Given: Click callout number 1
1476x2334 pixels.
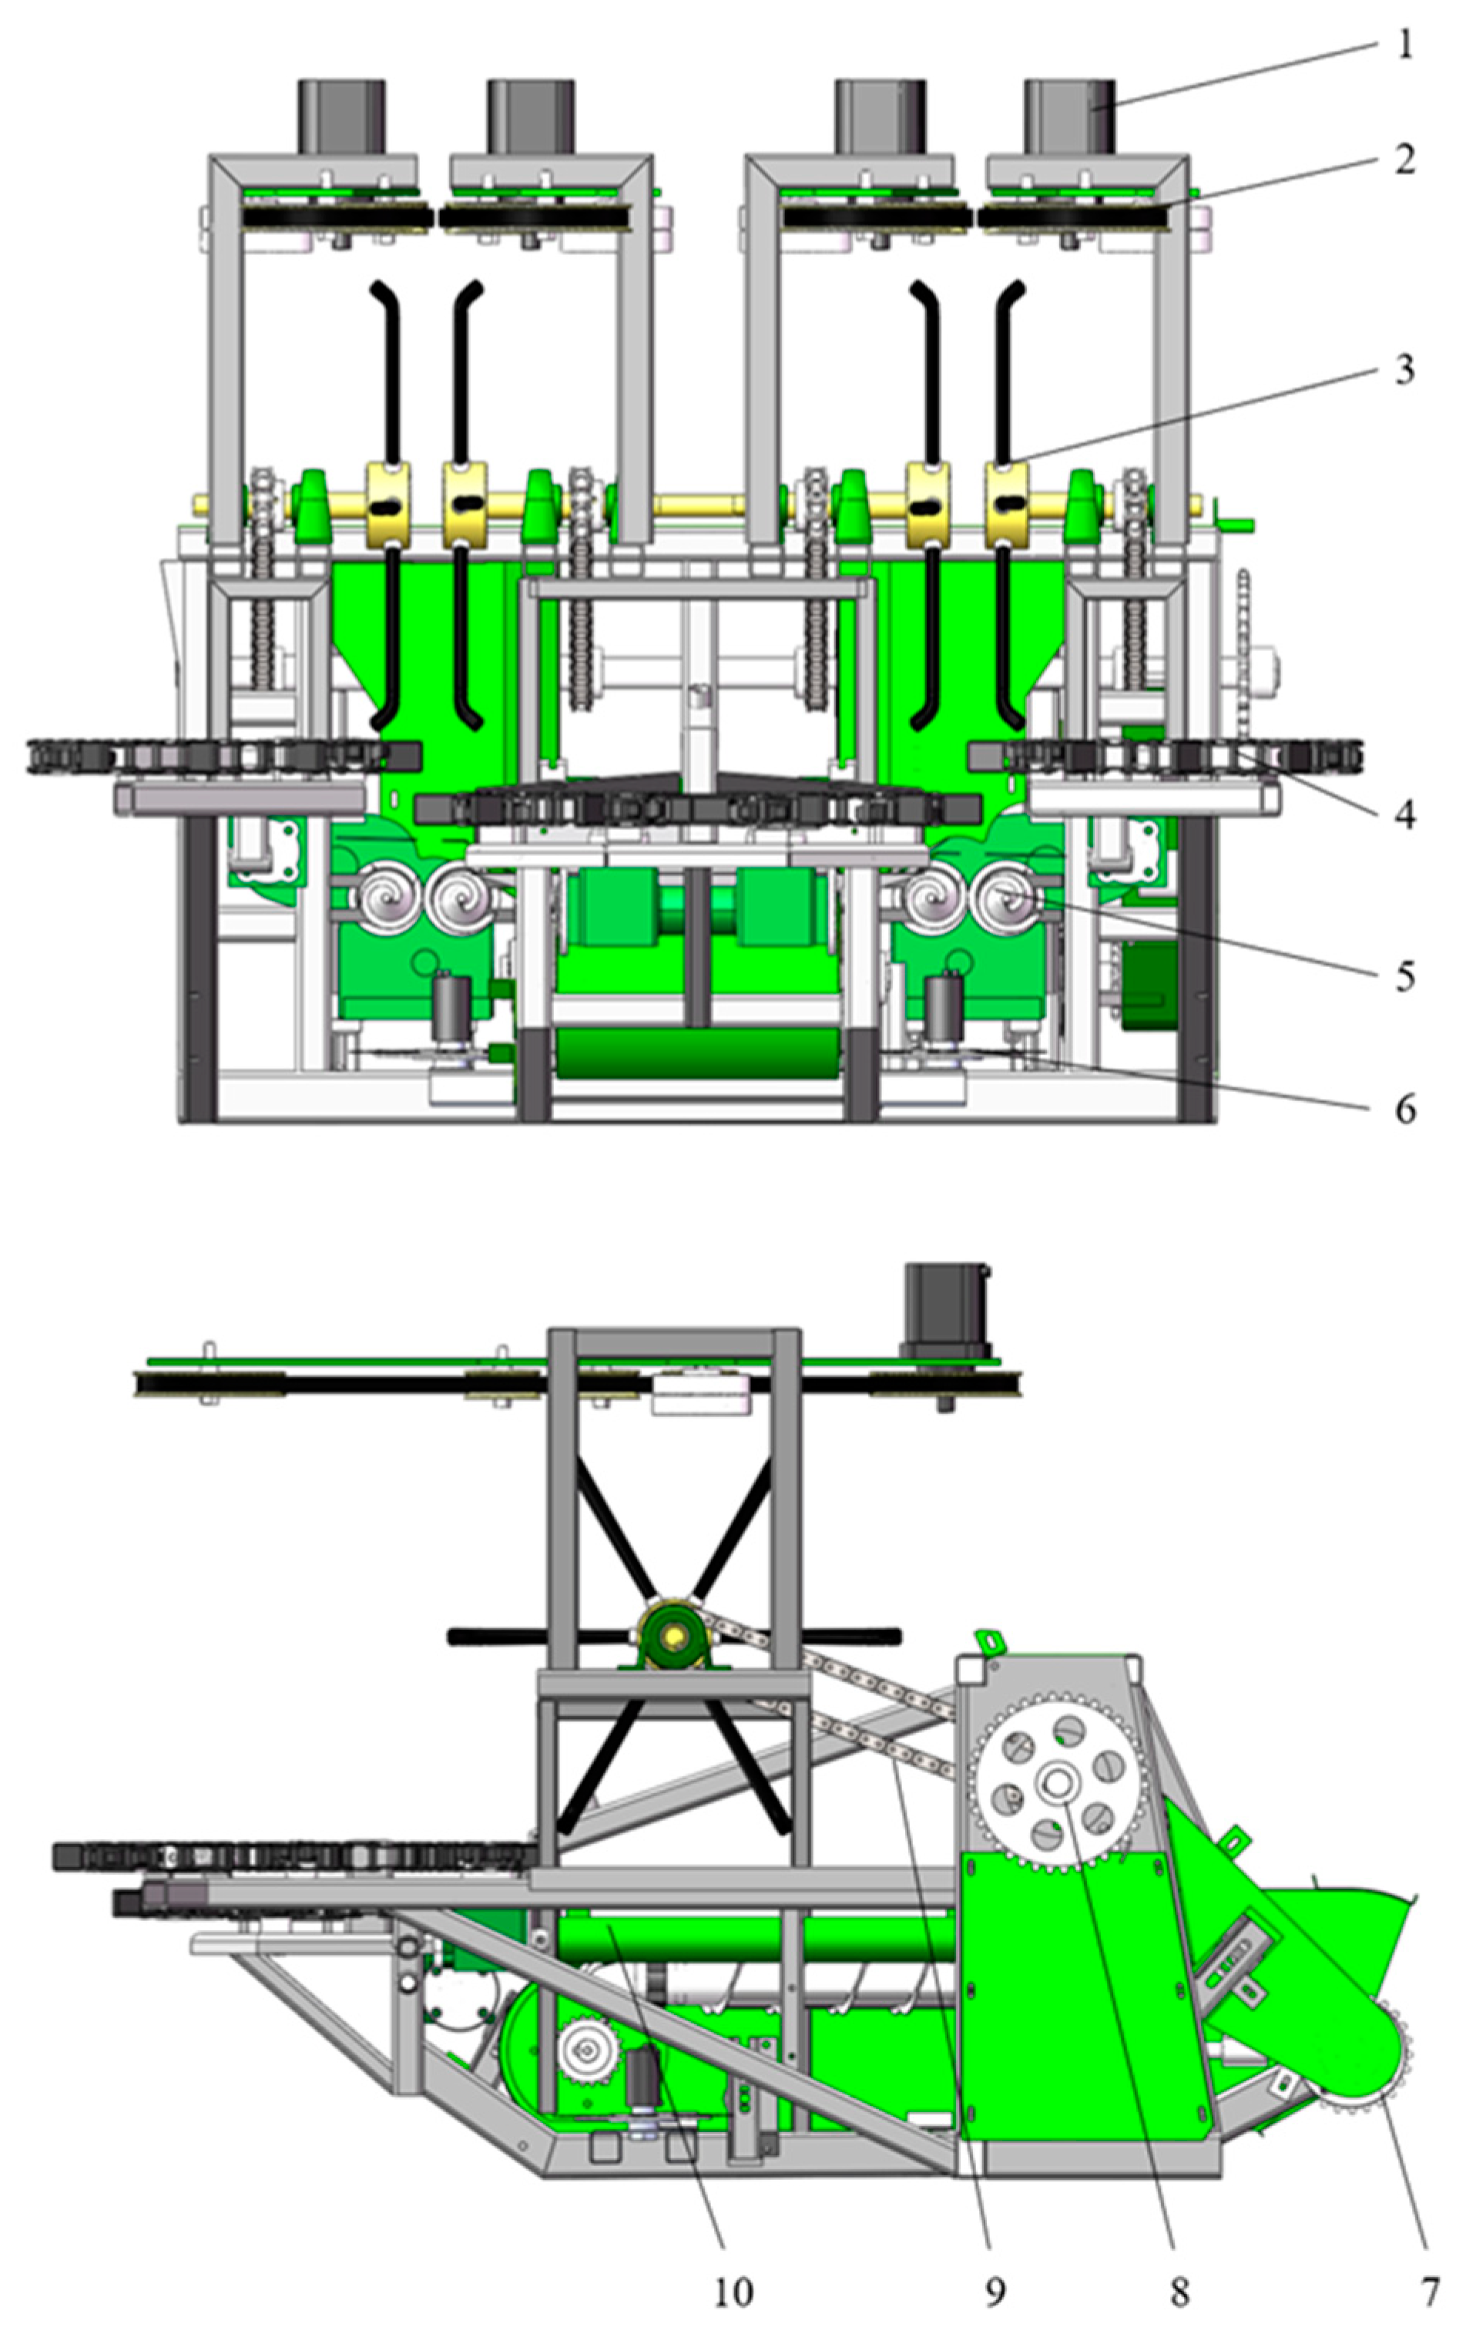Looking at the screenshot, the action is click(1405, 45).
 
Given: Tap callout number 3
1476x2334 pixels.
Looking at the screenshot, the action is click(1404, 369).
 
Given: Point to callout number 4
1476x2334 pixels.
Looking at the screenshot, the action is click(1404, 815).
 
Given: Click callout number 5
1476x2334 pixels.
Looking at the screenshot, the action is click(1405, 976).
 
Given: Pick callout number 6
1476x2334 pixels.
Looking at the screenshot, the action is click(1405, 1108).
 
